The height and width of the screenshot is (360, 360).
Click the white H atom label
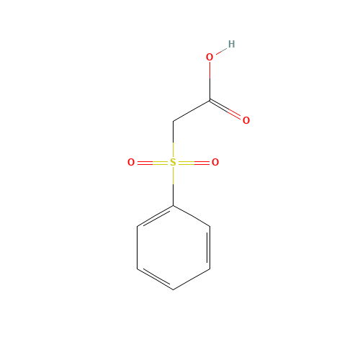pyautogui.click(x=231, y=44)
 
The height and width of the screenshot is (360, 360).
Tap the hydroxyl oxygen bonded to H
pyautogui.click(x=210, y=57)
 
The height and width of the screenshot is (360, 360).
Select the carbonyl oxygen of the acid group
pyautogui.click(x=246, y=120)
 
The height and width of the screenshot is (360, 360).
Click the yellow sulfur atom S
pyautogui.click(x=173, y=163)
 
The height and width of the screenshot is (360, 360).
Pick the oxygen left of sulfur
pyautogui.click(x=131, y=163)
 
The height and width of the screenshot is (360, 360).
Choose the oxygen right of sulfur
pyautogui.click(x=215, y=163)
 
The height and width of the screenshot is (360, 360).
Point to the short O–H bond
pyautogui.click(x=220, y=50)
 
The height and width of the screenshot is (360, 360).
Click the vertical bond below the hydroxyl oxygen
pyautogui.click(x=210, y=79)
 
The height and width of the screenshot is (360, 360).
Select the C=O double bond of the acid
pyautogui.click(x=227, y=109)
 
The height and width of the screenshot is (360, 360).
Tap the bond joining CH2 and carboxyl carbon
pyautogui.click(x=192, y=111)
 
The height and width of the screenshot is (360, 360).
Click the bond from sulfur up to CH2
pyautogui.click(x=173, y=143)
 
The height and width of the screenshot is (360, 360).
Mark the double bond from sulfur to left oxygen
pyautogui.click(x=151, y=163)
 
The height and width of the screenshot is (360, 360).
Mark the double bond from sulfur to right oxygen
pyautogui.click(x=194, y=163)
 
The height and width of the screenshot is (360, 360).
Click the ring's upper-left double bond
pyautogui.click(x=155, y=217)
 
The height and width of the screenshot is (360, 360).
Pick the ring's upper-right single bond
pyautogui.click(x=192, y=217)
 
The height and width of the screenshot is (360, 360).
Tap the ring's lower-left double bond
pyautogui.click(x=155, y=279)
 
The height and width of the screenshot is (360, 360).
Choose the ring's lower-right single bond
pyautogui.click(x=192, y=279)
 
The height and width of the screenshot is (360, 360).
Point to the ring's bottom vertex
pyautogui.click(x=173, y=289)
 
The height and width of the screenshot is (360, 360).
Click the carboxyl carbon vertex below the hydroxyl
pyautogui.click(x=210, y=100)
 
